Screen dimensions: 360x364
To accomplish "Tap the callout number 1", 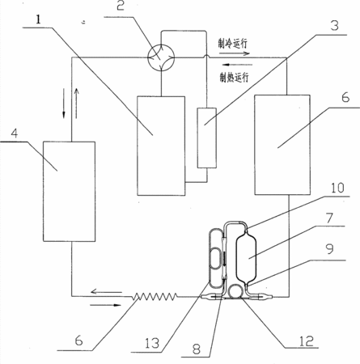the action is pos(39,19).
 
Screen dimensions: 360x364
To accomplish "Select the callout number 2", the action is pos(121,6).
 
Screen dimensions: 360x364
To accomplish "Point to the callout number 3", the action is pos(334,26).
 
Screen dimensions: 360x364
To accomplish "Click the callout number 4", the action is pos(15,133).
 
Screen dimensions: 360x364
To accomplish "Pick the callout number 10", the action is pos(337,188).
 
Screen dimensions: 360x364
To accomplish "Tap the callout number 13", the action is pos(152,343).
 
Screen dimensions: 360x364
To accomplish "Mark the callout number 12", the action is pos(307,341).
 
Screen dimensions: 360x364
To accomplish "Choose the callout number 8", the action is pos(197,349).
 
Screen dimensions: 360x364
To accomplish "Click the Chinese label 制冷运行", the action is pos(233,44).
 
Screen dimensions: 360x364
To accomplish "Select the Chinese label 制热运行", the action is pos(234,78).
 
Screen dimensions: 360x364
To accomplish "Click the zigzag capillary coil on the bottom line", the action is pos(155,297).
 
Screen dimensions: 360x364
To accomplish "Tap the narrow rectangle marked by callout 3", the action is pos(207,138).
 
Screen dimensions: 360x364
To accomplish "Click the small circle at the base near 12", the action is pos(235,291).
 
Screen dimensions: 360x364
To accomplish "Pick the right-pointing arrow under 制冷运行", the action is pos(234,53).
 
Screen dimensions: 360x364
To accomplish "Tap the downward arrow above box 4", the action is pos(64,104).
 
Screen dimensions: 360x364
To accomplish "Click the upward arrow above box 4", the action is pos(77,104).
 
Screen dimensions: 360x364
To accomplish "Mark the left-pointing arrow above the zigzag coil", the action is pos(106,291).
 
